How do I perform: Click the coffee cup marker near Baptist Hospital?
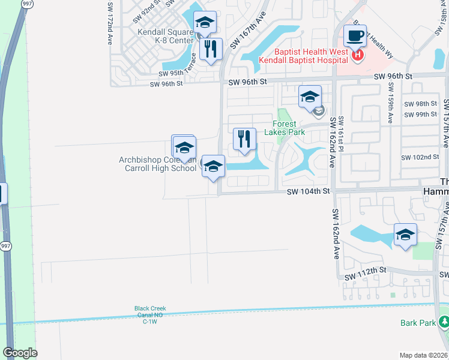click(355, 37)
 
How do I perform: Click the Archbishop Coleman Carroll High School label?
click(158, 164)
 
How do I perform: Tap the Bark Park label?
click(418, 323)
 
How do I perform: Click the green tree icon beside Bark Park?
click(444, 323)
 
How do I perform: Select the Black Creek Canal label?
click(149, 315)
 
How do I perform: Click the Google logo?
click(20, 353)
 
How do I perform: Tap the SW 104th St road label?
click(309, 191)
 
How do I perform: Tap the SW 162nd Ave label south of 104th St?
click(334, 234)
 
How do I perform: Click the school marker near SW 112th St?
click(405, 234)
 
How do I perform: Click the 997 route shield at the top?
click(26, 4)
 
